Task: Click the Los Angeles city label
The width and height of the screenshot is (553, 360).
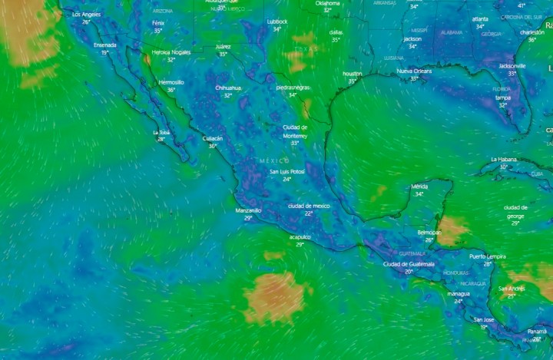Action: (x=86, y=15)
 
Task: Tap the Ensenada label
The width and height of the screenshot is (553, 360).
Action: (x=105, y=45)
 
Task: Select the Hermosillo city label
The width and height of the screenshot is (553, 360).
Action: (x=171, y=82)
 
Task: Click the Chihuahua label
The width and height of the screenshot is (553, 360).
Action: (x=227, y=88)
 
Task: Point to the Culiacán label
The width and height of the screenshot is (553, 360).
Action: (x=212, y=138)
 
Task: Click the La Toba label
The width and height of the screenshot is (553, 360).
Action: (x=161, y=132)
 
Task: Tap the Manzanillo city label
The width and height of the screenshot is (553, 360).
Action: (x=248, y=210)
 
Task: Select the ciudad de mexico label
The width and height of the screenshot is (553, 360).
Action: (x=309, y=206)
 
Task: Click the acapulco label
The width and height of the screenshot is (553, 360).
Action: (x=300, y=237)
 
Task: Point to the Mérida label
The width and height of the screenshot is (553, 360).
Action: (x=419, y=186)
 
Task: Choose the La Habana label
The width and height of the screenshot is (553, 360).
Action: (x=504, y=159)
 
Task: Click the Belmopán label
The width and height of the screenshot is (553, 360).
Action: (x=429, y=232)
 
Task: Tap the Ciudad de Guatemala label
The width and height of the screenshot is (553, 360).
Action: (x=409, y=263)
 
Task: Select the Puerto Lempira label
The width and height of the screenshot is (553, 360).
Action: (x=488, y=256)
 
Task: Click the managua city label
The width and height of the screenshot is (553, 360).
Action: (x=459, y=293)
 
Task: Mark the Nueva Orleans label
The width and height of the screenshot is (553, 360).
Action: (x=414, y=71)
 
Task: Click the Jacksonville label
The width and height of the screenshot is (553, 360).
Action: (x=512, y=66)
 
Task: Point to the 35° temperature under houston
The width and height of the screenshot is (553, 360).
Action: (x=353, y=81)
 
